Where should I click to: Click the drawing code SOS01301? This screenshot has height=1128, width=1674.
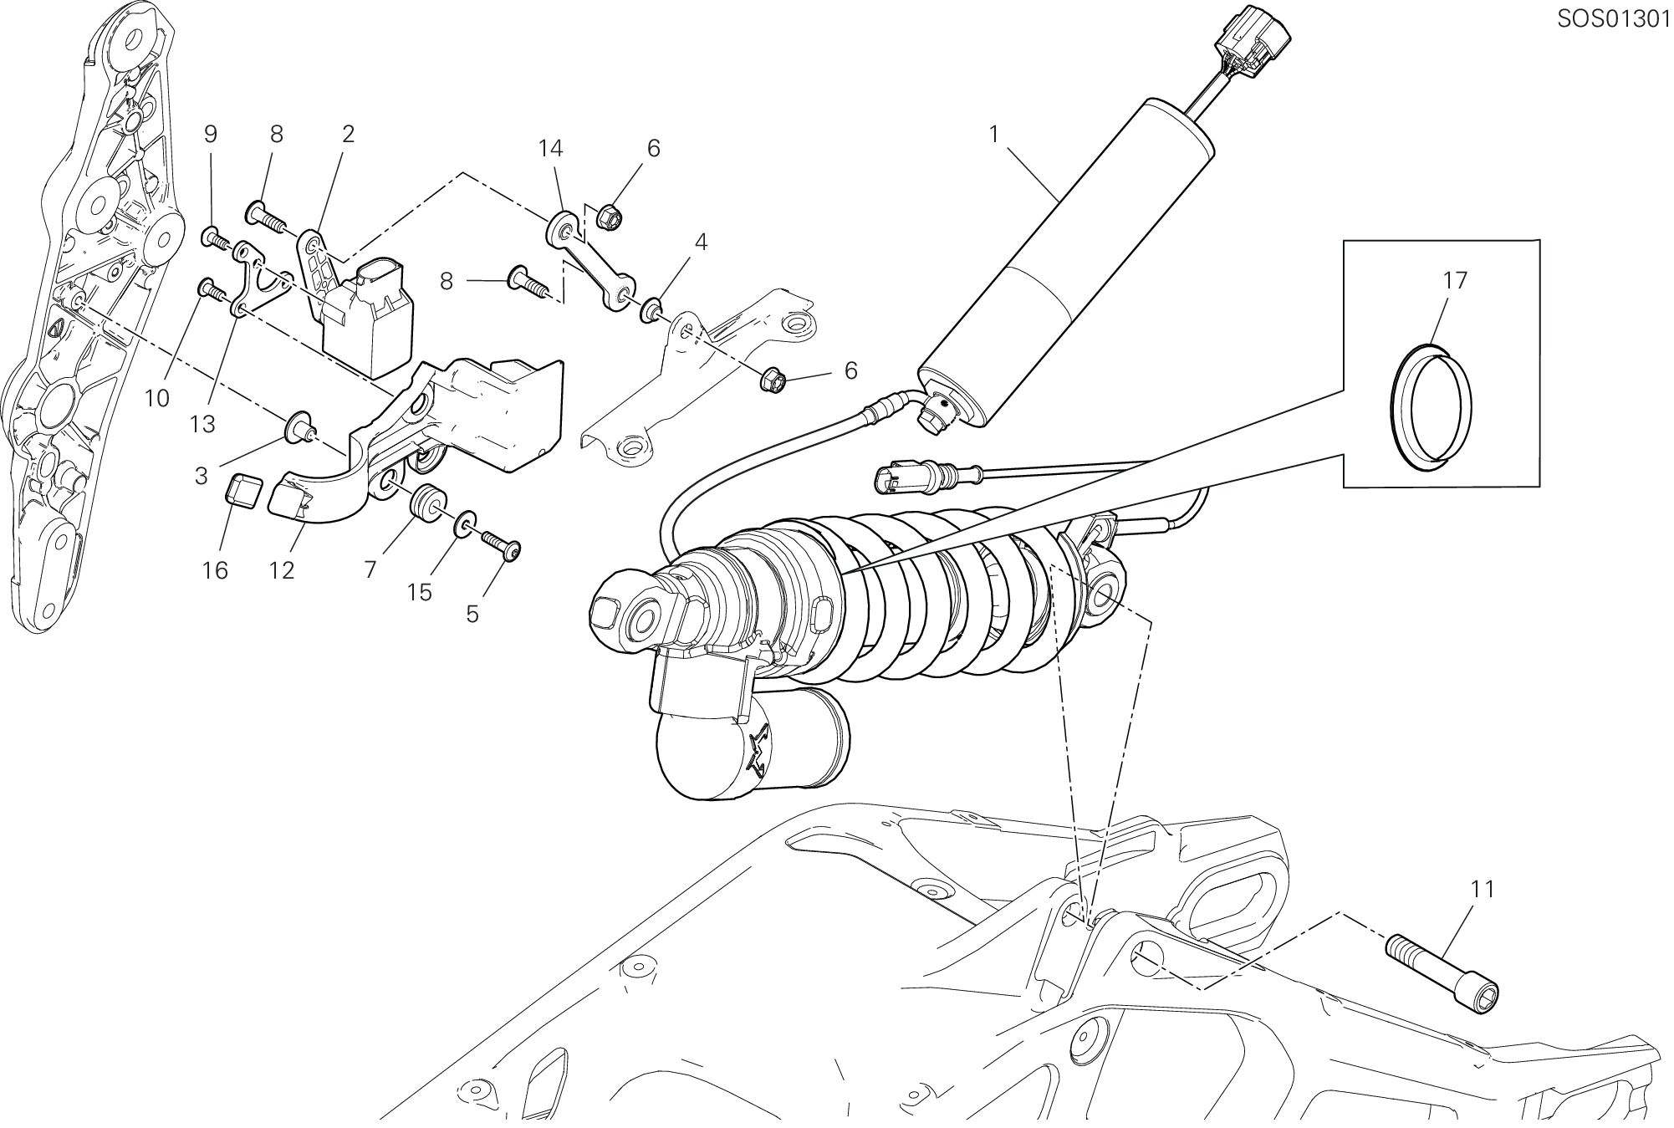pos(1612,19)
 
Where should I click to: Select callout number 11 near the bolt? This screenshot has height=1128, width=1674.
pos(1483,890)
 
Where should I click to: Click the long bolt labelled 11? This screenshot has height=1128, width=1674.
pos(1442,971)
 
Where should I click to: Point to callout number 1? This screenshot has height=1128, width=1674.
pos(994,134)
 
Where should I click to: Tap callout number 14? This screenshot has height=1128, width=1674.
pos(550,148)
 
